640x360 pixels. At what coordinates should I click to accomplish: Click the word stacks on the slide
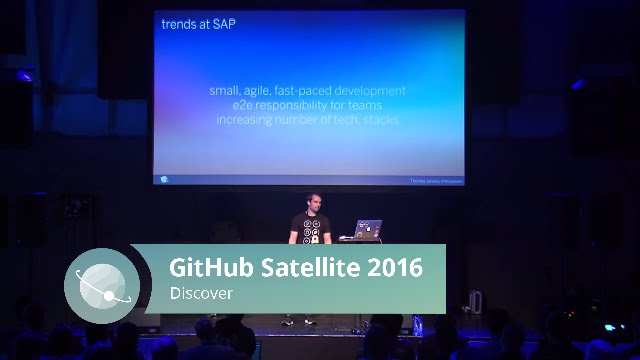click(381, 119)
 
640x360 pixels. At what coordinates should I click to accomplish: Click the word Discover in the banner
click(201, 293)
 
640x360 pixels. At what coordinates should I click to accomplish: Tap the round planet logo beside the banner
click(102, 284)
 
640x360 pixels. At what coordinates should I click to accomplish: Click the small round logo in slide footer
click(164, 180)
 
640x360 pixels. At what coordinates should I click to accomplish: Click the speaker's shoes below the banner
click(298, 322)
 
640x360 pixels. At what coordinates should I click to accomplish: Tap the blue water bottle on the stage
click(417, 323)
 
